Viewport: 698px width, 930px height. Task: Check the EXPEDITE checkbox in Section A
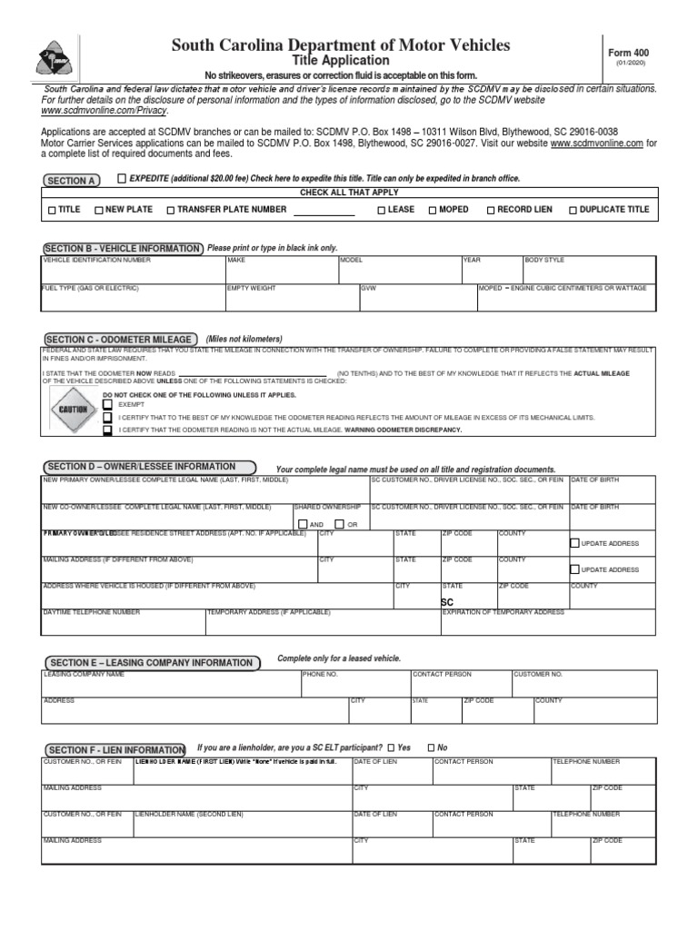click(122, 179)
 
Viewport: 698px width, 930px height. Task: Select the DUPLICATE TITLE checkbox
click(573, 210)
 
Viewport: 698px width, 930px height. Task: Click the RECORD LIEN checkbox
click(490, 210)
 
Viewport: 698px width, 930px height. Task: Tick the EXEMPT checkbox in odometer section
click(108, 404)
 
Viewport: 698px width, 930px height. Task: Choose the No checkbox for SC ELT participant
click(431, 747)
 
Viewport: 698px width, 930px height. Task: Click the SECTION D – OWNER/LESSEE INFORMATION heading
click(143, 467)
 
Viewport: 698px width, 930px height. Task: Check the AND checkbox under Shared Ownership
click(303, 524)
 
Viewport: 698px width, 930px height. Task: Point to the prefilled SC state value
click(446, 602)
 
